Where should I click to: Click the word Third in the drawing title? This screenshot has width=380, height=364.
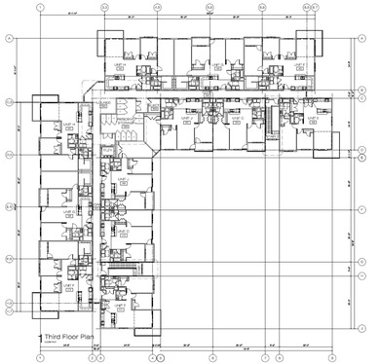(52, 334)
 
